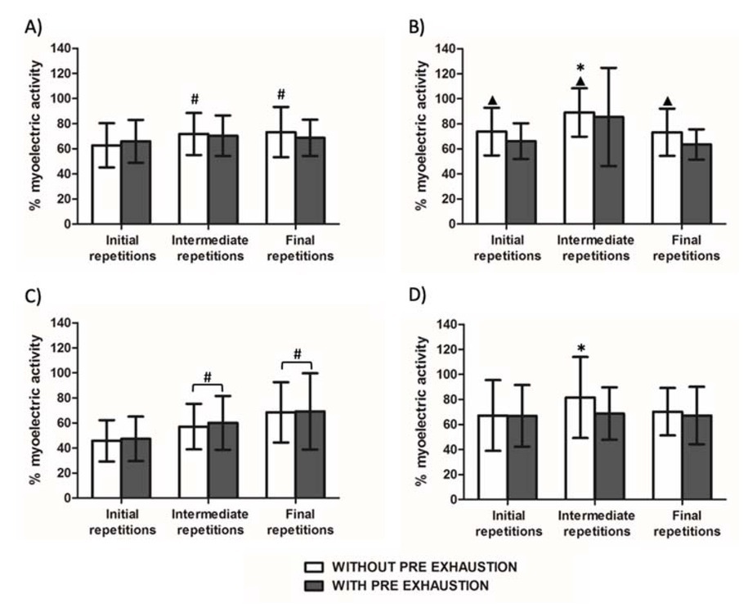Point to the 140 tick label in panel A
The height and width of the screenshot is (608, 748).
click(x=59, y=48)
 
